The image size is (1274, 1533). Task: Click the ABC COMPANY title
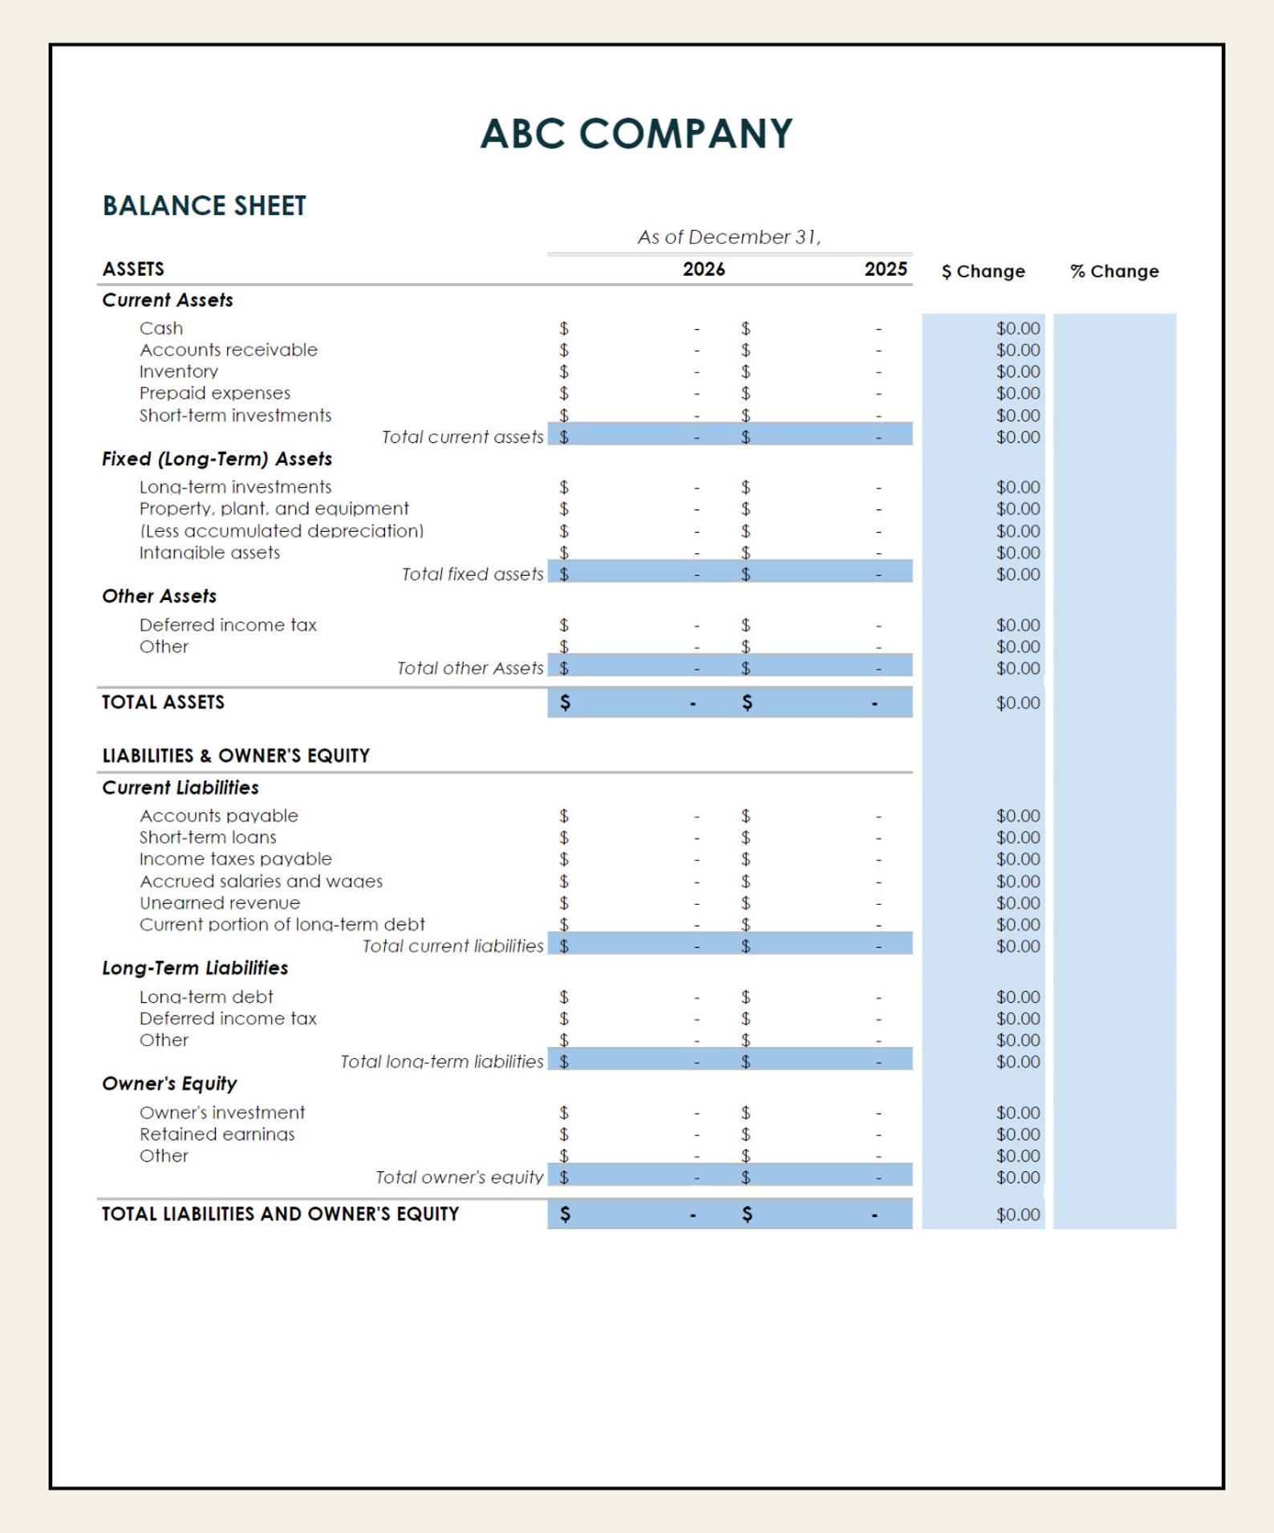pyautogui.click(x=636, y=133)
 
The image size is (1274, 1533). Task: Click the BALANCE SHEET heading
pyautogui.click(x=204, y=206)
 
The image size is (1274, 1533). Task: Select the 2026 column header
pyautogui.click(x=704, y=270)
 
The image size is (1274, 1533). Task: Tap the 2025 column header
pyautogui.click(x=885, y=270)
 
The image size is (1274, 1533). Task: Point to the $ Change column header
pyautogui.click(x=983, y=271)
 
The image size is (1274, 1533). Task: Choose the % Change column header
pyautogui.click(x=1114, y=271)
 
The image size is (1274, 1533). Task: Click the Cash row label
pyautogui.click(x=161, y=328)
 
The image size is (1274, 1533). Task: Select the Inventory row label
pyautogui.click(x=179, y=371)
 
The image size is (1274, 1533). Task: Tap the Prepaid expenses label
pyautogui.click(x=215, y=393)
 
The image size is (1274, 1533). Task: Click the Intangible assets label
pyautogui.click(x=209, y=553)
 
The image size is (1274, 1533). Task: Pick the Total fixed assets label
pyautogui.click(x=473, y=574)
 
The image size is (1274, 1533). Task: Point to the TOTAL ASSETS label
pyautogui.click(x=163, y=702)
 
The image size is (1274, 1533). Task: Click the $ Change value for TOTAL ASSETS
pyautogui.click(x=1017, y=703)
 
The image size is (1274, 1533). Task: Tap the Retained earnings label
pyautogui.click(x=217, y=1134)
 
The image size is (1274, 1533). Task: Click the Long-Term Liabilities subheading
pyautogui.click(x=195, y=968)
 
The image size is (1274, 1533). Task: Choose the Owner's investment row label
pyautogui.click(x=222, y=1113)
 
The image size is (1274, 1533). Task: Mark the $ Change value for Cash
pyautogui.click(x=1017, y=328)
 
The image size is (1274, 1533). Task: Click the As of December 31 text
pyautogui.click(x=729, y=237)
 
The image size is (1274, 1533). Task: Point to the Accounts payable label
pyautogui.click(x=219, y=816)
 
